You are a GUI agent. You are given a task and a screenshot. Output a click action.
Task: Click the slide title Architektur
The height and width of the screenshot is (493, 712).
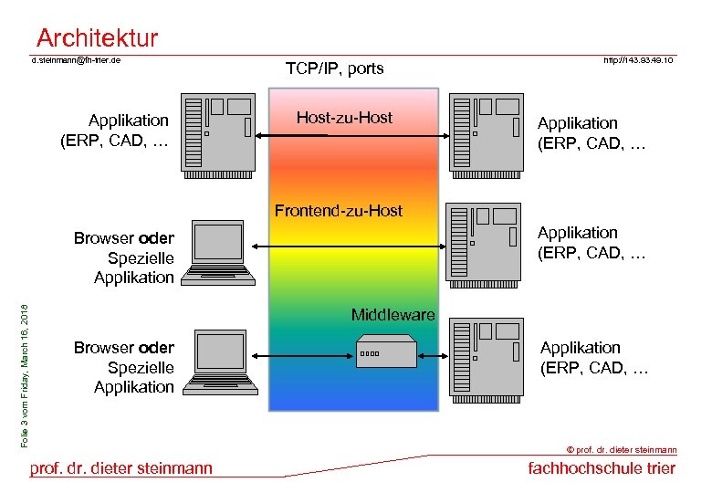point(97,38)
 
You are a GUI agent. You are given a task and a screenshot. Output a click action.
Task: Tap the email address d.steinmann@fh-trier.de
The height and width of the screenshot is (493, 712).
point(77,61)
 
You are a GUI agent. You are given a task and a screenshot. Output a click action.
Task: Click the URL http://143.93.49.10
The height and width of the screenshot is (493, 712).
point(638,61)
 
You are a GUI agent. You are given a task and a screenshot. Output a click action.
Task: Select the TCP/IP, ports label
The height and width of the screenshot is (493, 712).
point(334,68)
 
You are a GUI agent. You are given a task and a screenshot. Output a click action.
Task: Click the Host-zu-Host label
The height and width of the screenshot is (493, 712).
point(344,118)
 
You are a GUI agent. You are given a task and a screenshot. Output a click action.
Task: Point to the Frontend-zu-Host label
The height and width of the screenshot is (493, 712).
point(338,211)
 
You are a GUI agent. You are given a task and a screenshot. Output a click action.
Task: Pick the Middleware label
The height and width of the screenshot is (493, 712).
point(393,315)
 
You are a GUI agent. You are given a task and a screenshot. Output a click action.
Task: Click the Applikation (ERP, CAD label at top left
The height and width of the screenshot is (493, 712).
point(115,130)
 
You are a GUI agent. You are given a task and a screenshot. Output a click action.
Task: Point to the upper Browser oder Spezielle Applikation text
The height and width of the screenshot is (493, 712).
point(123,257)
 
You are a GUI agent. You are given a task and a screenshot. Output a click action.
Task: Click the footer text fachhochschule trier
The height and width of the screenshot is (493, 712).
point(602,468)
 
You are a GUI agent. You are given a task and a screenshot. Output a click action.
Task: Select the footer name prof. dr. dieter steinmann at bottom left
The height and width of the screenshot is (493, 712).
point(121,468)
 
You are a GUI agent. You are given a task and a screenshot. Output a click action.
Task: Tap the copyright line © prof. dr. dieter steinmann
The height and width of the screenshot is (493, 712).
point(622,449)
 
